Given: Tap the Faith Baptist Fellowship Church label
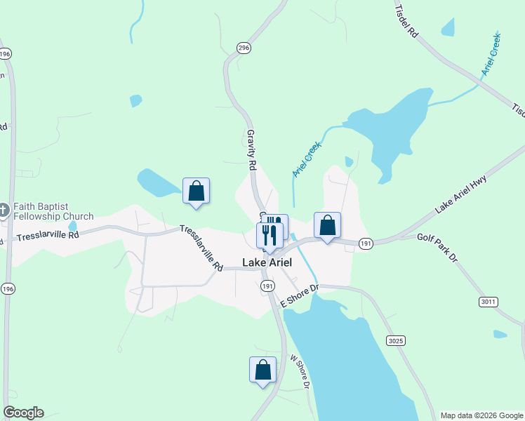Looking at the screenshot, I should pyautogui.click(x=53, y=211).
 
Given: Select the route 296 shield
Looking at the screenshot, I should pyautogui.click(x=244, y=48).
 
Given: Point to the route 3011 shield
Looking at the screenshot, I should pyautogui.click(x=489, y=302).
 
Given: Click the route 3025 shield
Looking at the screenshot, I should pyautogui.click(x=395, y=340).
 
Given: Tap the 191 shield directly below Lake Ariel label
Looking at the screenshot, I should pyautogui.click(x=267, y=286).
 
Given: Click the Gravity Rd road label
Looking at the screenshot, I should pyautogui.click(x=251, y=149).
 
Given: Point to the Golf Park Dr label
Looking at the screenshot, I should pyautogui.click(x=437, y=248).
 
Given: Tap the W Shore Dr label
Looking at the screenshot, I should pyautogui.click(x=300, y=371).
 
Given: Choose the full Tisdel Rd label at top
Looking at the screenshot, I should pyautogui.click(x=407, y=21).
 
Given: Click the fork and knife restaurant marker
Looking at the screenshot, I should pyautogui.click(x=269, y=235).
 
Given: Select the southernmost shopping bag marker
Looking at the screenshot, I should pyautogui.click(x=262, y=369).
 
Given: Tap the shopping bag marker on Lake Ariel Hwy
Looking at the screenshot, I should pyautogui.click(x=327, y=225).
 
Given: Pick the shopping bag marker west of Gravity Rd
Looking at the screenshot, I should pyautogui.click(x=196, y=190).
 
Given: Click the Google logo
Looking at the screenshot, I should pyautogui.click(x=23, y=413).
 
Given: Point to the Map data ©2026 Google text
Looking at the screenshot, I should pyautogui.click(x=481, y=415).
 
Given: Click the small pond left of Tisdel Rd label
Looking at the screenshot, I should pyautogui.click(x=447, y=27).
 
